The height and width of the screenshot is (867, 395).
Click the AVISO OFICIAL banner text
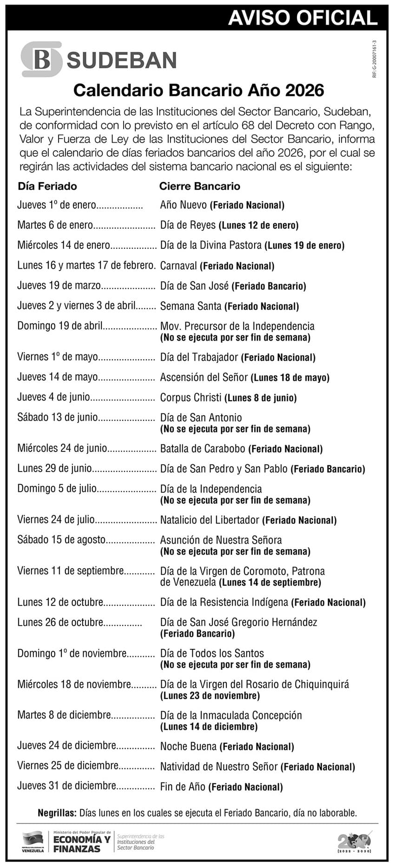tap(303, 18)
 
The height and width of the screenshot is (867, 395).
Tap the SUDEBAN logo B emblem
tap(42, 60)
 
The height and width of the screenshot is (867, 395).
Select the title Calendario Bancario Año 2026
tap(198, 90)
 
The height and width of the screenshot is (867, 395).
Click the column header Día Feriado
tap(47, 186)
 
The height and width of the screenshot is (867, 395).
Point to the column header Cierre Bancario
tap(200, 186)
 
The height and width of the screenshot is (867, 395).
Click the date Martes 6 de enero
tap(55, 225)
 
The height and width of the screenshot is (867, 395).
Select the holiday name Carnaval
tap(178, 266)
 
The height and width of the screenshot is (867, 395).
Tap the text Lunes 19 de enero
tap(304, 245)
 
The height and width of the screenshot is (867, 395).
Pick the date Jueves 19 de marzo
tap(59, 285)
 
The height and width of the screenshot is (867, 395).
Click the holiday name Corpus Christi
tap(191, 397)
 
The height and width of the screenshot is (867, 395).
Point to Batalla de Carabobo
tap(203, 449)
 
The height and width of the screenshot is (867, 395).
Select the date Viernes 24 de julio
tap(56, 520)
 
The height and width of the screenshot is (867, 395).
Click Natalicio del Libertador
tap(210, 520)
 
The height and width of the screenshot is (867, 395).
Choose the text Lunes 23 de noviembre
tap(210, 696)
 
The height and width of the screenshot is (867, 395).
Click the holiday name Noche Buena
tap(188, 747)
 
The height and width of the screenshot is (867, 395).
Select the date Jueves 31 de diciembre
tap(66, 786)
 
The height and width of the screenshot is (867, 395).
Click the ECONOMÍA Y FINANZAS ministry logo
tap(81, 842)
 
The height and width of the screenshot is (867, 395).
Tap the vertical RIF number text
tap(374, 59)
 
